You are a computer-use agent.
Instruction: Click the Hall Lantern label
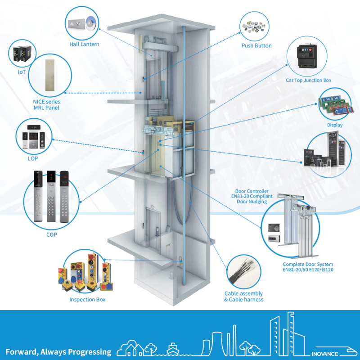84,44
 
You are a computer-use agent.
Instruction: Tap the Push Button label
256,45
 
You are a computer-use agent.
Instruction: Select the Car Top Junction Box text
309,80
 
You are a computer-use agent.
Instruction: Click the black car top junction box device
308,58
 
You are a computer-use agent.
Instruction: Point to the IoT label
22,71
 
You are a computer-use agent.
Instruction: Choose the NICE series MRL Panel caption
46,104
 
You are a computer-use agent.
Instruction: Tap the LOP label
32,159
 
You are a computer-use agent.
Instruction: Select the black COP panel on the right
65,196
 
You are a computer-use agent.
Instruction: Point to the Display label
335,125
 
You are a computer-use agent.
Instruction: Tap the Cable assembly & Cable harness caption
243,297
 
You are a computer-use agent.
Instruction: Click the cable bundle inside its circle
243,271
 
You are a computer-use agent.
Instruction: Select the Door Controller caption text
252,196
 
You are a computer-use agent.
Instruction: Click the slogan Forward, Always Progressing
58,351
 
